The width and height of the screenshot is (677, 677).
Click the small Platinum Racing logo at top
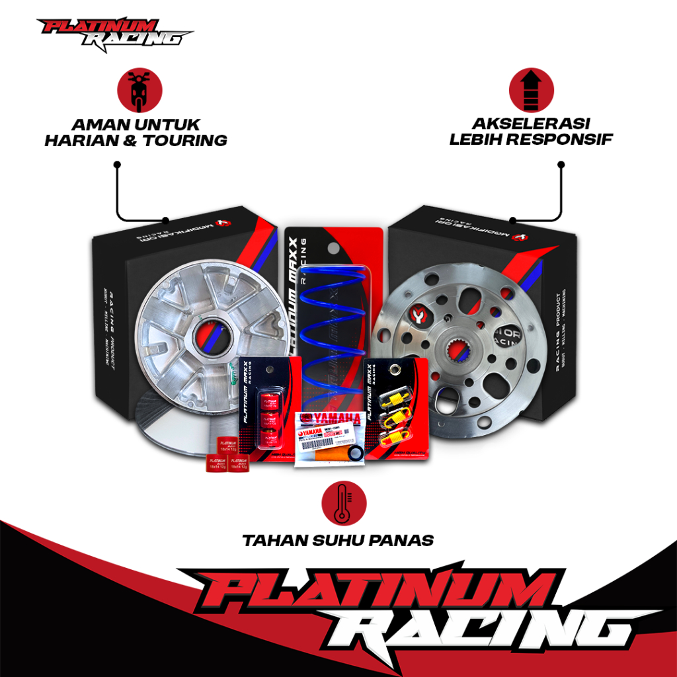tap(113, 33)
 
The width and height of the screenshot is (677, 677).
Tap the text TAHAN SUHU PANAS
tap(338, 540)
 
